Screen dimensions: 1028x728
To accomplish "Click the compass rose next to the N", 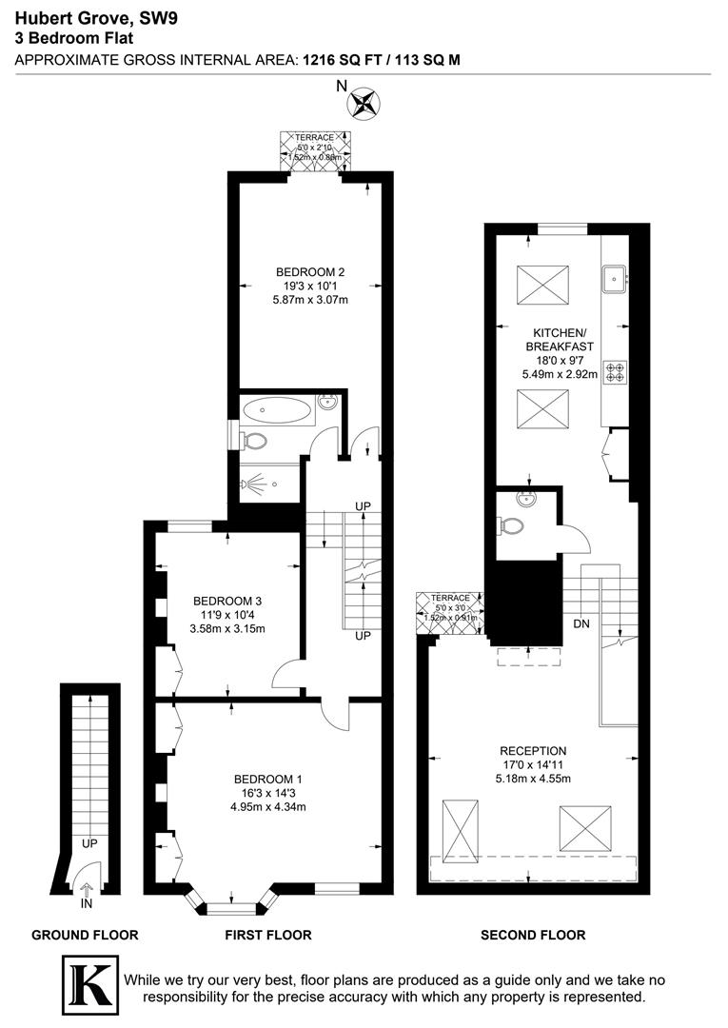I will tap(364, 102).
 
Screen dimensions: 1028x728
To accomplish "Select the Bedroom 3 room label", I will tap(227, 601).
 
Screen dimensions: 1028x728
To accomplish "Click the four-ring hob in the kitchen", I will tap(614, 369).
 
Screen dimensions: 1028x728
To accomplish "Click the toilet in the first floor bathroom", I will tap(254, 443).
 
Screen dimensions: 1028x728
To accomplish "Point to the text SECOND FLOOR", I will tap(533, 935).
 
